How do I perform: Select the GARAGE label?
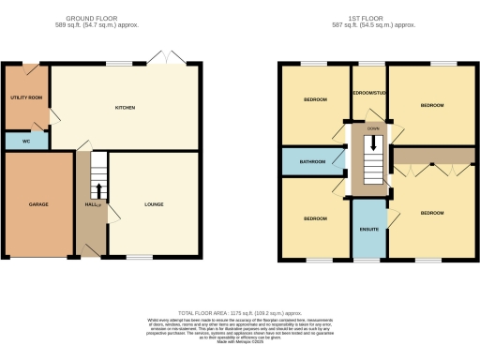click(x=38, y=204)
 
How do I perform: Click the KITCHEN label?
click(x=126, y=108)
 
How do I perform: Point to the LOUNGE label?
click(x=154, y=203)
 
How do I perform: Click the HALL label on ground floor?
click(x=92, y=204)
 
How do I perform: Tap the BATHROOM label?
click(x=312, y=161)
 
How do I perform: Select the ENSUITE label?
click(x=369, y=228)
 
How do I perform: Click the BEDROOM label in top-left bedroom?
click(x=314, y=99)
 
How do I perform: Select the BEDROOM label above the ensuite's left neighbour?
click(x=314, y=218)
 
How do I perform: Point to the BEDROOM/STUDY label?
click(x=369, y=93)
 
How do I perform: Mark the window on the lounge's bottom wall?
click(x=140, y=257)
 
